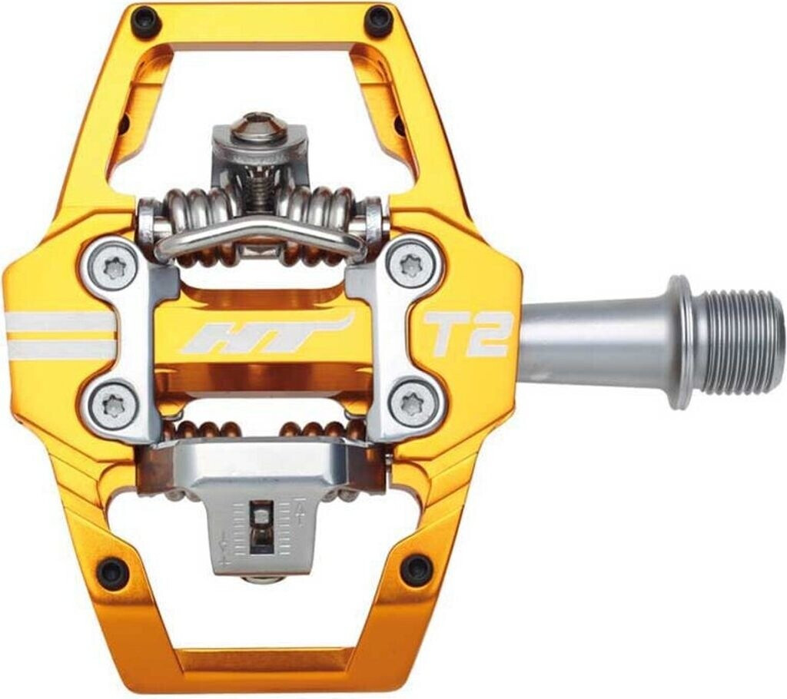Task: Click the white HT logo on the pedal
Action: pyautogui.click(x=265, y=336)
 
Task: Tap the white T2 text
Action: pyautogui.click(x=468, y=334)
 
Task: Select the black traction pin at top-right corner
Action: pyautogui.click(x=378, y=21)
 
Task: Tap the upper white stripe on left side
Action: pyautogui.click(x=58, y=322)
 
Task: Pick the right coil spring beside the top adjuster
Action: pyautogui.click(x=327, y=209)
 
